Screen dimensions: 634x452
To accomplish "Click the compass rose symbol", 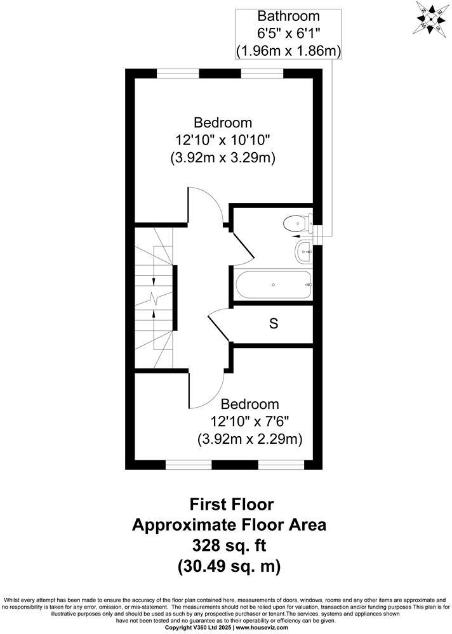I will (430, 18).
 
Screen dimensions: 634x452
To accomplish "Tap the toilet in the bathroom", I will (296, 223).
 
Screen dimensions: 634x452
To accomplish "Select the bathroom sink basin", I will (303, 251).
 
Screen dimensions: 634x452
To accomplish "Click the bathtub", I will (273, 285).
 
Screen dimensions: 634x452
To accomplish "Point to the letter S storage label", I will (274, 324).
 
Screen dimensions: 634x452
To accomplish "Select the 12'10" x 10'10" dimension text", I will (223, 140).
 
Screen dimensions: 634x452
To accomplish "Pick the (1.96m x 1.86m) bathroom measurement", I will (288, 49).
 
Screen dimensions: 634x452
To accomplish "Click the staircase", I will (154, 298).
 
